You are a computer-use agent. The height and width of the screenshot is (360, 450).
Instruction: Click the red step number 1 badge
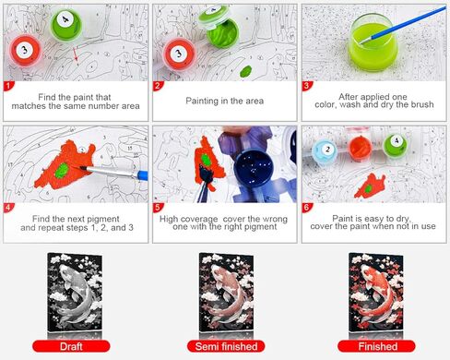(9, 87)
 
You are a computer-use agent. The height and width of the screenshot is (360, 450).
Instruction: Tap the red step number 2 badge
(159, 87)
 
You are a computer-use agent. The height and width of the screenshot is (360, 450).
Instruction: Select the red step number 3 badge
(308, 87)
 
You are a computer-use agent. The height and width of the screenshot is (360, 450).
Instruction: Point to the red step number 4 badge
(9, 209)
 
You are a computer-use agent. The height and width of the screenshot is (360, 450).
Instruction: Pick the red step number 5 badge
(159, 209)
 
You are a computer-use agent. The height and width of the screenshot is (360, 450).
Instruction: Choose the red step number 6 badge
(308, 209)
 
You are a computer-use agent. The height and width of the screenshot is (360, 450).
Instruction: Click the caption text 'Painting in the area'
(224, 96)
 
